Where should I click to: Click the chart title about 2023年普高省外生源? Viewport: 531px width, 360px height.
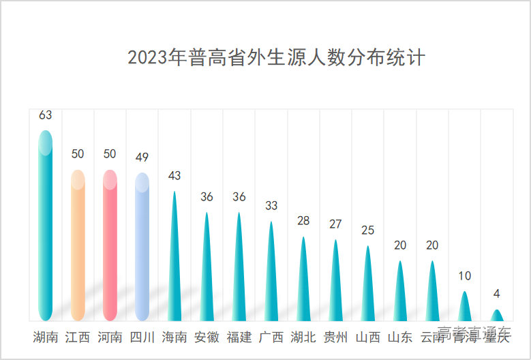[x=276, y=57]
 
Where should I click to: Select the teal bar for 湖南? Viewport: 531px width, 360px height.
[x=45, y=225]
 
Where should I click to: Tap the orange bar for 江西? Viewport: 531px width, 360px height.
[x=78, y=245]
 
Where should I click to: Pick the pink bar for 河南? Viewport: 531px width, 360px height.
[x=110, y=245]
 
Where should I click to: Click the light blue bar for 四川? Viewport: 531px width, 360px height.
[x=142, y=247]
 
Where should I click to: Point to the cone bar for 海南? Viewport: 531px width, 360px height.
[x=175, y=266]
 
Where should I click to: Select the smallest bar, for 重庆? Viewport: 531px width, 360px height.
[x=497, y=316]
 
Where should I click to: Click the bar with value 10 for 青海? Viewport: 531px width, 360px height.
[x=465, y=307]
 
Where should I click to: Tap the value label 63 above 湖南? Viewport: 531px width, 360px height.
[x=45, y=115]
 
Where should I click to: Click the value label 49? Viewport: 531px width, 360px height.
[x=142, y=157]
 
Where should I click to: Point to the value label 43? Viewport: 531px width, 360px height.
[x=175, y=176]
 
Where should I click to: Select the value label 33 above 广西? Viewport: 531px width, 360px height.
[x=271, y=205]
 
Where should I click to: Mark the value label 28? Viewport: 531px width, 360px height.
[x=303, y=221]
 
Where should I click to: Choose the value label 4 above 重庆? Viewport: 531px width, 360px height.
[x=497, y=294]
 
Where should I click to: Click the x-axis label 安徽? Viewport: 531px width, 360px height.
[x=207, y=337]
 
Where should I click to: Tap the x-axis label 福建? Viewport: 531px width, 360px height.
[x=239, y=337]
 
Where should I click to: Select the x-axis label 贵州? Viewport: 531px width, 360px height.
[x=335, y=337]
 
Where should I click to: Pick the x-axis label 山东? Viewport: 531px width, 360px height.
[x=400, y=337]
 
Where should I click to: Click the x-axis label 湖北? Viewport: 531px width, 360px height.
[x=303, y=337]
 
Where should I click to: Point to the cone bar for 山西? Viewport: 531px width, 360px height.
[x=368, y=286]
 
